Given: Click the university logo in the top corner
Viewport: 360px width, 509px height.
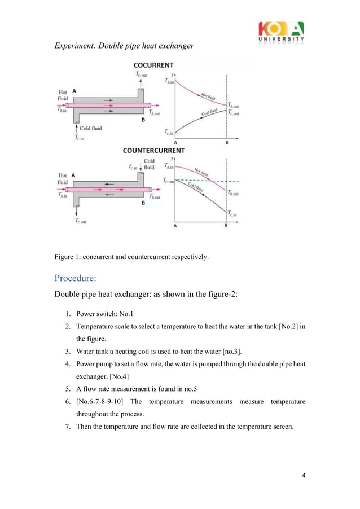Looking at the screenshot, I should [280, 32].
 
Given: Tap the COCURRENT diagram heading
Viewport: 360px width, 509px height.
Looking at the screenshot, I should [153, 65].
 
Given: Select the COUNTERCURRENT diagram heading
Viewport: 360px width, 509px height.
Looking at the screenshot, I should [153, 151].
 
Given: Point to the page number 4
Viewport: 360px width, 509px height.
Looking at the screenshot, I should [304, 475].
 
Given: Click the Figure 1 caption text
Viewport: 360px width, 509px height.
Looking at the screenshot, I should [131, 257].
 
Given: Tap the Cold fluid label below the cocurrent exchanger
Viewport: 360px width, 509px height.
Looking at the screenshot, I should [90, 128].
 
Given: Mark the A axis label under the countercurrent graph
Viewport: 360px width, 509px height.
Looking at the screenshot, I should [175, 226].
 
